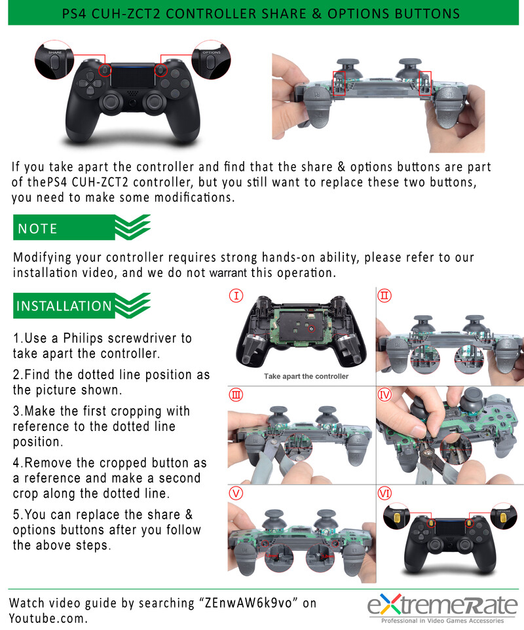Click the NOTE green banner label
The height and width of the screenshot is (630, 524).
38,229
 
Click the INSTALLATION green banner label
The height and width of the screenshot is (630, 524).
64,306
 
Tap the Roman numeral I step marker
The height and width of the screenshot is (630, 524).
237,297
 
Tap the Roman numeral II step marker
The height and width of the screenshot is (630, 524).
385,297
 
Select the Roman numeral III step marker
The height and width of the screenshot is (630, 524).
236,395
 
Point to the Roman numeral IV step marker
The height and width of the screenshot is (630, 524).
385,395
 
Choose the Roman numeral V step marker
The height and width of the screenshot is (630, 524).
236,492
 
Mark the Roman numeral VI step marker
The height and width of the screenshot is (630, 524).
385,492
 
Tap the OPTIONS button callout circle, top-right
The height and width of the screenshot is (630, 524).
212,61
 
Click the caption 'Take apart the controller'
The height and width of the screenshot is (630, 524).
306,377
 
